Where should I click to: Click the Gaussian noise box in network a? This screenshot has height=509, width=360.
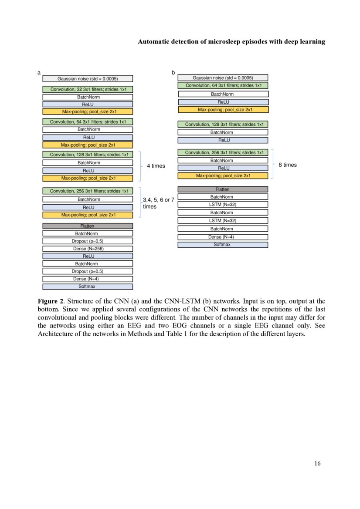coord(88,79)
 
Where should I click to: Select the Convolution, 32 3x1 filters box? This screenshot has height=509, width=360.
coord(88,89)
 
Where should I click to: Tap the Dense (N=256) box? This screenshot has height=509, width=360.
coord(88,249)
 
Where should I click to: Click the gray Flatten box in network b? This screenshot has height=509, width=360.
coord(223,189)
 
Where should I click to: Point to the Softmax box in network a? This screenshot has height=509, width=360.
coord(88,287)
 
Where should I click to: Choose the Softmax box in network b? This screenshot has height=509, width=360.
coord(223,245)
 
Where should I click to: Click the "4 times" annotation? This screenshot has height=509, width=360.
coord(156,166)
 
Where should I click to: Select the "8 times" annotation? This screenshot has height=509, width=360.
coord(288,165)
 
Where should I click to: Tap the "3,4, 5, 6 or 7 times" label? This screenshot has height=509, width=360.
coord(159,203)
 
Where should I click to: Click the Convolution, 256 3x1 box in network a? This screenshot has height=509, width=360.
coord(88,191)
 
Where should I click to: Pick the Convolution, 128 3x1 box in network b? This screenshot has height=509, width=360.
coord(223,125)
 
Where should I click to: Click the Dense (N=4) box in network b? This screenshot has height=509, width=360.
coord(223,237)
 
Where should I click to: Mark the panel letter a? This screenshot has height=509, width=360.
coord(39,73)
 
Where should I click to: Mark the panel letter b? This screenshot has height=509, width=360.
coord(173,73)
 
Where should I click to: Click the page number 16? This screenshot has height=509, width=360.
coord(317,463)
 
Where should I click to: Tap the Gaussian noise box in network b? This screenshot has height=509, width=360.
coord(223,78)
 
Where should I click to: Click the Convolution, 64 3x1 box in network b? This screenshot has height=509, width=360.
coord(223,85)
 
